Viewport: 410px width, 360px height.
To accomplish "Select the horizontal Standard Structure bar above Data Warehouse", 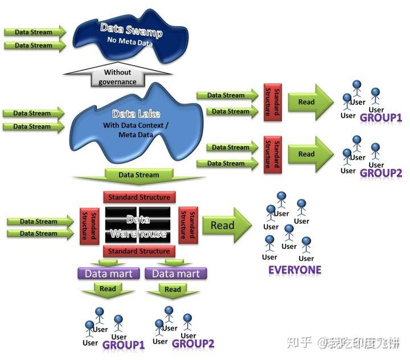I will coord(138,197).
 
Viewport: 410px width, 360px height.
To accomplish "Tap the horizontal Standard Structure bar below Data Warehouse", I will coord(138,251).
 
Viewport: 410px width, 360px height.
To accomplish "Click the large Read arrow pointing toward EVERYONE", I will coord(225,226).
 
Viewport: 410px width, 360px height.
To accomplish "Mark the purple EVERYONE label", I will coord(294,270).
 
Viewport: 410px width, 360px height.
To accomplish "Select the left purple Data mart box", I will coord(108,274).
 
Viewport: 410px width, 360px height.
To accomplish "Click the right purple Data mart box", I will coord(175,274).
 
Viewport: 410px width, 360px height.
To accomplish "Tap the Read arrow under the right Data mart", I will coord(173,290).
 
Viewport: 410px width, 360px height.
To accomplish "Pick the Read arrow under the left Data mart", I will coord(108,290).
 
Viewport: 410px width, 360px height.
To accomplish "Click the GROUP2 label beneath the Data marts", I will coord(192,343).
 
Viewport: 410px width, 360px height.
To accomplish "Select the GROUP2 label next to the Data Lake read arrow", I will coord(381,173).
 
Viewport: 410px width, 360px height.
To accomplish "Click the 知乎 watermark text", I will coord(300,342).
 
